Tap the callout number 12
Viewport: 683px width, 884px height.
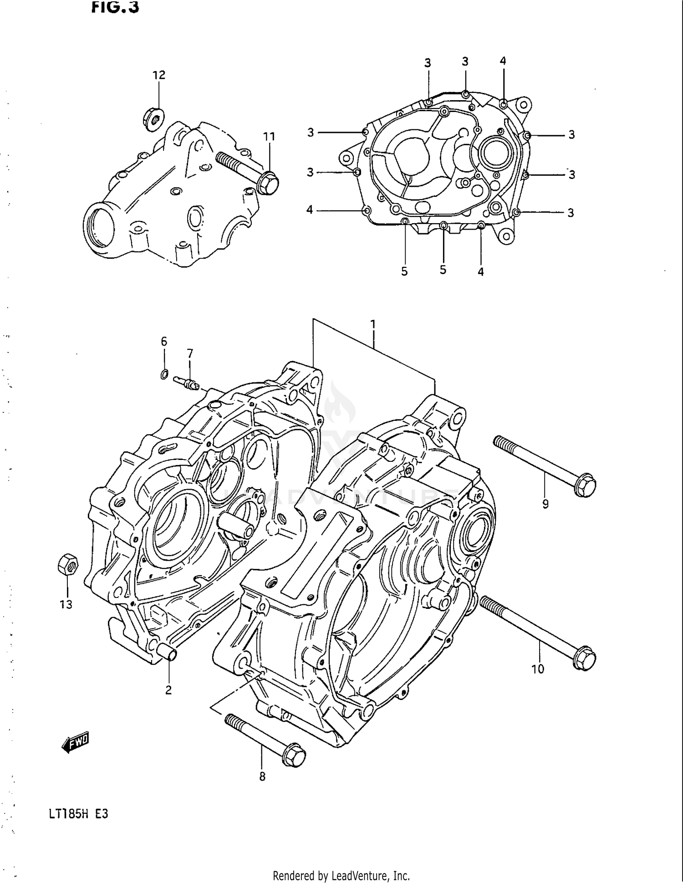[158, 75]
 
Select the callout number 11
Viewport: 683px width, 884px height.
[269, 136]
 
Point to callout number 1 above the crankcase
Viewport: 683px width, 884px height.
[372, 325]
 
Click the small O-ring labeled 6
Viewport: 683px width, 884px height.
[164, 375]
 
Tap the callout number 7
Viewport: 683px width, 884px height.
[190, 353]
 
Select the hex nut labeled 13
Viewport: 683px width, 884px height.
[67, 565]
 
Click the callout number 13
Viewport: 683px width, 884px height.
[66, 604]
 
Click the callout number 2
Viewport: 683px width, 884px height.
[168, 690]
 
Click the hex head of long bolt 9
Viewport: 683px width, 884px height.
[585, 486]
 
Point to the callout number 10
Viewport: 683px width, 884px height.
[538, 669]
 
